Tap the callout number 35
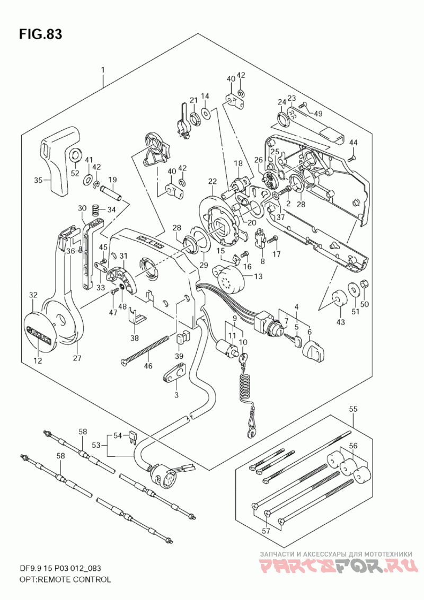click(x=38, y=180)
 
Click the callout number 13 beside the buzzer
click(x=258, y=276)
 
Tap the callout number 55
click(x=354, y=409)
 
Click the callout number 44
click(x=354, y=142)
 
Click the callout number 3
click(x=176, y=395)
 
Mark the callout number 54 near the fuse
click(x=118, y=436)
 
